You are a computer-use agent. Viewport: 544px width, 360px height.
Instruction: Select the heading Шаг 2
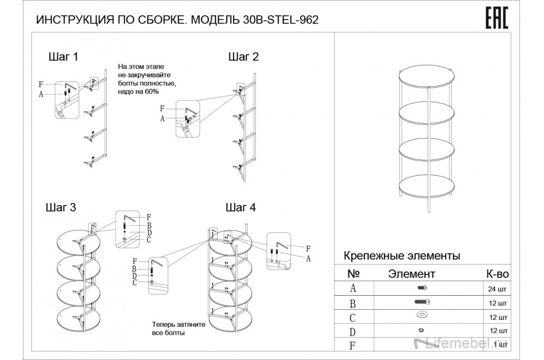[243, 57]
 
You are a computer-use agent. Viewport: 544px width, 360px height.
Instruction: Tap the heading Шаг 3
[60, 208]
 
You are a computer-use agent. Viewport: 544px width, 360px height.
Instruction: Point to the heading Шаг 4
[240, 208]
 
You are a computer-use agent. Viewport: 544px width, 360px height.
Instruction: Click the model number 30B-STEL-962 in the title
[278, 20]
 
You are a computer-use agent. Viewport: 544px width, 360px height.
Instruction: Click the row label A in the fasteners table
[354, 288]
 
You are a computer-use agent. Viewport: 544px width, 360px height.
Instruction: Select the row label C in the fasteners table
[354, 316]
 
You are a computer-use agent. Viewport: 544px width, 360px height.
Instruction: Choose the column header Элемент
[411, 273]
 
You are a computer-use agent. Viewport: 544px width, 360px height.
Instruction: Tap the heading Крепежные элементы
[401, 255]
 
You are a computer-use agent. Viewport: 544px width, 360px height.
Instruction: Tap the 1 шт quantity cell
[498, 345]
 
